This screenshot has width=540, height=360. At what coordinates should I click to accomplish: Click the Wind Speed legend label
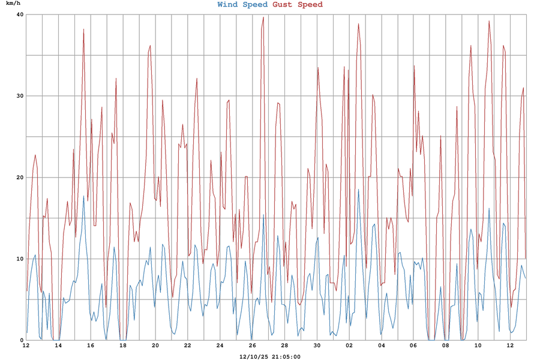tap(242, 5)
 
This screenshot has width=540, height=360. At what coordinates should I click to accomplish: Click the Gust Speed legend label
tap(298, 5)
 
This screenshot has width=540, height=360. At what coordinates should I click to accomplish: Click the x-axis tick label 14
tap(58, 346)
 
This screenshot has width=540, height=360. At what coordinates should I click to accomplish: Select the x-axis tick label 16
tap(91, 346)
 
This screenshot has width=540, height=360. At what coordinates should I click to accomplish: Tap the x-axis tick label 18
tap(123, 346)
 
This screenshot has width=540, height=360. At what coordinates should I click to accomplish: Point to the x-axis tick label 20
tap(155, 346)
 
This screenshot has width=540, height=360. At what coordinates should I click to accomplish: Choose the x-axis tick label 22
tap(187, 346)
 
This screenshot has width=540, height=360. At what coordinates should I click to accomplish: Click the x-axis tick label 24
tap(220, 346)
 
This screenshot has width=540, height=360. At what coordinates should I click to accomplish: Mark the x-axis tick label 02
tap(349, 346)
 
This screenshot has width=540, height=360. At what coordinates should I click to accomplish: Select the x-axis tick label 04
tap(381, 346)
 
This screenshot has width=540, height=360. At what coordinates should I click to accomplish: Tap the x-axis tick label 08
tap(446, 346)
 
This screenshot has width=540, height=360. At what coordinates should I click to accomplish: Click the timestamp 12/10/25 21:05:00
tap(269, 356)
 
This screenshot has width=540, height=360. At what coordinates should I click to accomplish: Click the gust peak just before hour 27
tap(263, 17)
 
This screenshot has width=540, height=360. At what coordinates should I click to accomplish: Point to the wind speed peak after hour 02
tap(359, 190)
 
